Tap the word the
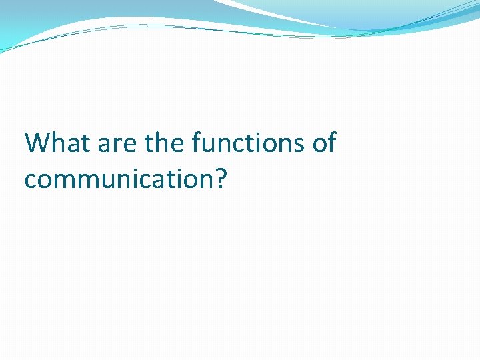160,143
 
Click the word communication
119,179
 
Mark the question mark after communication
221,178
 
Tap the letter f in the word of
331,143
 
